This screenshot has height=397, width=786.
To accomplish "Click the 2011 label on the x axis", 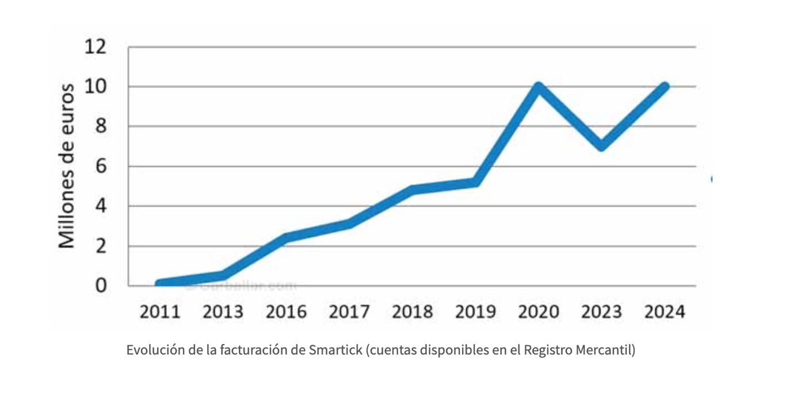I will pos(160,312).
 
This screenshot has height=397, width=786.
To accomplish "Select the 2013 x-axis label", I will pos(223,312).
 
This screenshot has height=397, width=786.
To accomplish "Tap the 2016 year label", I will pos(286,312).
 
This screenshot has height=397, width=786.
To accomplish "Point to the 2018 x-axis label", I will pos(413,312).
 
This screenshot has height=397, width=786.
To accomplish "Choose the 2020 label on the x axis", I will pos(539,312).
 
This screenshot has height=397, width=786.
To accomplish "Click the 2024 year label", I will pos(665,312).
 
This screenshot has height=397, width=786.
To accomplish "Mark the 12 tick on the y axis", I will pos(96,47).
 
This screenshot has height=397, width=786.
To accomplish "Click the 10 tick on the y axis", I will pos(96,87).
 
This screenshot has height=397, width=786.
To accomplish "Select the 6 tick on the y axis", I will pos(101,167).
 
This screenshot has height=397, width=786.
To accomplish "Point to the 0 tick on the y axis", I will pos(101,286).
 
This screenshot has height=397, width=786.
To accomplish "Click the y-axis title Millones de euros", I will pos(67,166).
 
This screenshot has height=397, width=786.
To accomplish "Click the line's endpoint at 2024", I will pos(665,87).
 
